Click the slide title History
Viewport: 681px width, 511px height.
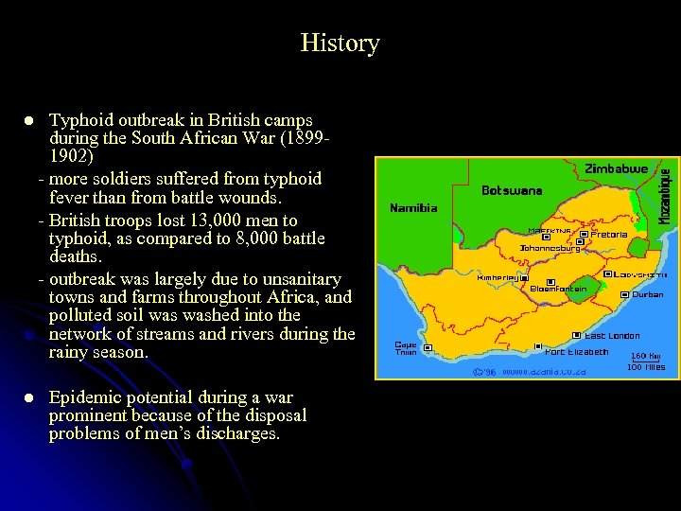click(340, 43)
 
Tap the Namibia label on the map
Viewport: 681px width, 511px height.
click(413, 207)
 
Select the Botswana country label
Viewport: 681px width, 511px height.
click(512, 190)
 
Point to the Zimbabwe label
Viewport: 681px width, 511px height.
click(616, 168)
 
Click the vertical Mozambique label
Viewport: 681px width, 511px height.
click(665, 196)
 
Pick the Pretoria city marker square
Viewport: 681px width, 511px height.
click(584, 234)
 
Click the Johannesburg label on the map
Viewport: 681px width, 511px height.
click(550, 249)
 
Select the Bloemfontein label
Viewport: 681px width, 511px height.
click(558, 289)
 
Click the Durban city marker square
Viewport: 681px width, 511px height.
click(624, 294)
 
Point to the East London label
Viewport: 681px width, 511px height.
click(612, 336)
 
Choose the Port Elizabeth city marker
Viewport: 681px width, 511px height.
click(538, 347)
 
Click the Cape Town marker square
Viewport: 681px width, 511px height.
click(428, 348)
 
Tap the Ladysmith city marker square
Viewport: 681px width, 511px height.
click(608, 274)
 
